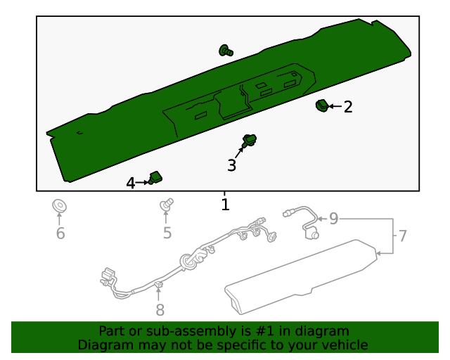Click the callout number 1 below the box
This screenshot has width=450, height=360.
(225, 205)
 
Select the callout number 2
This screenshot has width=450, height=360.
(348, 107)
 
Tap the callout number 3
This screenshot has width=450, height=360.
(231, 166)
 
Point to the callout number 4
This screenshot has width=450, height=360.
(131, 183)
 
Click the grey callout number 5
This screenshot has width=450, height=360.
(167, 233)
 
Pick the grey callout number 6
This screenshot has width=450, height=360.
(60, 233)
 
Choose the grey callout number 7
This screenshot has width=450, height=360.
(402, 236)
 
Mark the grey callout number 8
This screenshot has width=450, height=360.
(160, 310)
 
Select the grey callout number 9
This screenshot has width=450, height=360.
(334, 219)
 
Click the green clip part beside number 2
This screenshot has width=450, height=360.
(321, 106)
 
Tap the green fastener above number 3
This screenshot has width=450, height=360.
(249, 140)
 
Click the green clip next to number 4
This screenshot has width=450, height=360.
(155, 179)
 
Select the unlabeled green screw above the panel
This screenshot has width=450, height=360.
(226, 50)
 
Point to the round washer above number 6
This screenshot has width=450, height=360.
(60, 207)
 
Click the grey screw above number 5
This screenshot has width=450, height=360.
(167, 205)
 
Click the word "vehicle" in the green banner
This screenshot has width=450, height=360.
(344, 345)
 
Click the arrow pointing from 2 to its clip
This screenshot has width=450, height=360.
(334, 107)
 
